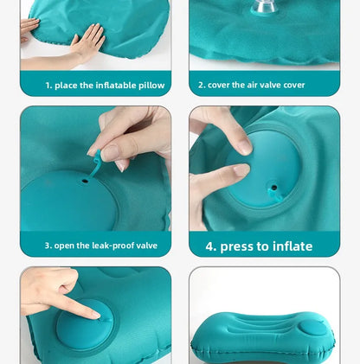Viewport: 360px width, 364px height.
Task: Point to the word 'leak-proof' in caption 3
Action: click(112, 246)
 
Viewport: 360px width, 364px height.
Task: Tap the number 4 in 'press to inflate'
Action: click(210, 246)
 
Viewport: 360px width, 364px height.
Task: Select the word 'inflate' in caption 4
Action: click(290, 246)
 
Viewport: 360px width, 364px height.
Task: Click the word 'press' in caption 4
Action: click(238, 246)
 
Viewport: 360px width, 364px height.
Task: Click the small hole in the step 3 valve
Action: click(86, 182)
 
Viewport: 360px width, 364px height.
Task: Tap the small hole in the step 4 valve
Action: click(273, 186)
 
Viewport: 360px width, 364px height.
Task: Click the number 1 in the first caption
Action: click(48, 86)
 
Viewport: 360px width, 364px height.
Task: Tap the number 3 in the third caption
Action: click(48, 246)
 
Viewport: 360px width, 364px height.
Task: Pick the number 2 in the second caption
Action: click(202, 86)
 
